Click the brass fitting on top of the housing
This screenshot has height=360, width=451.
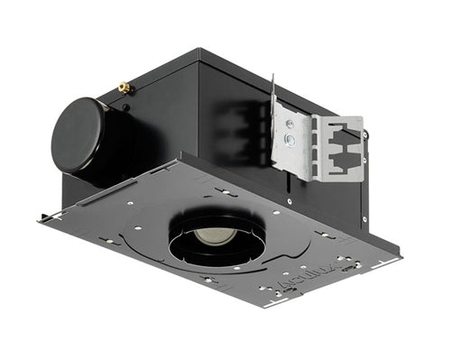(x=124, y=88)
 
